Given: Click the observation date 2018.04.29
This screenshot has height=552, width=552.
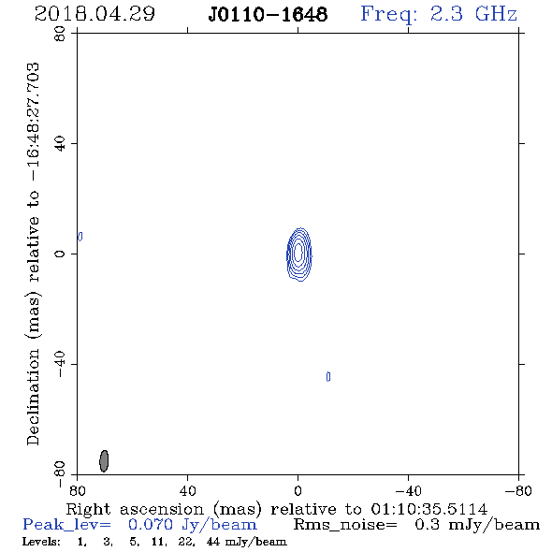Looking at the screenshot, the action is click(x=94, y=14).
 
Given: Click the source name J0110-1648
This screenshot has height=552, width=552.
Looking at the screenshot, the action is click(x=268, y=15).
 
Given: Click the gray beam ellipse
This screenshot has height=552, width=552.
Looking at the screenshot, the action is click(x=104, y=460).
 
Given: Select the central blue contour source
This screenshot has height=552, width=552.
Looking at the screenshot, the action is click(x=298, y=254).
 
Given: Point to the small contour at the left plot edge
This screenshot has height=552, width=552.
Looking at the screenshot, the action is click(x=80, y=236).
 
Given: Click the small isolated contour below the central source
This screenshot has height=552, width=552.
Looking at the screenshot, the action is click(x=328, y=377).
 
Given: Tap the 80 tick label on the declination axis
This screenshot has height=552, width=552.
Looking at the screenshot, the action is click(x=60, y=34).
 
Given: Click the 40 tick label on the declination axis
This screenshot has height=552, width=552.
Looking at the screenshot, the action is click(x=60, y=144).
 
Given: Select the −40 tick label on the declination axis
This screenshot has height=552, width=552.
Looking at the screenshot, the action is click(x=60, y=364).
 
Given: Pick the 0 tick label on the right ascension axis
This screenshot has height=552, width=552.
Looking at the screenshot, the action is click(x=298, y=491).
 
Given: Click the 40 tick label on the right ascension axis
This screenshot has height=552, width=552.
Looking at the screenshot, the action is click(x=187, y=491).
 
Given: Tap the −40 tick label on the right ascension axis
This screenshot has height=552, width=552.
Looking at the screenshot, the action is click(x=408, y=491).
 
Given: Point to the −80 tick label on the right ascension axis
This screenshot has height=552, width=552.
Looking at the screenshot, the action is click(x=518, y=491).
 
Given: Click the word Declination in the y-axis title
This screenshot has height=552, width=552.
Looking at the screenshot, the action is click(x=33, y=397).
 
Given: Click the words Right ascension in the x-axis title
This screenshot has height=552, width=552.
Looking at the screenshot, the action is click(x=135, y=509).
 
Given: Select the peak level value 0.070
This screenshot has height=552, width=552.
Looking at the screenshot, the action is click(x=151, y=525).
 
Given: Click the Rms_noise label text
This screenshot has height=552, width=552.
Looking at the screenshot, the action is click(x=345, y=525).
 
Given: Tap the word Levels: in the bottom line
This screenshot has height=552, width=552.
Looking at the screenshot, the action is click(x=41, y=542).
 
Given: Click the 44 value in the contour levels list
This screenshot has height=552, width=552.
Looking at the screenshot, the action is click(x=213, y=542).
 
